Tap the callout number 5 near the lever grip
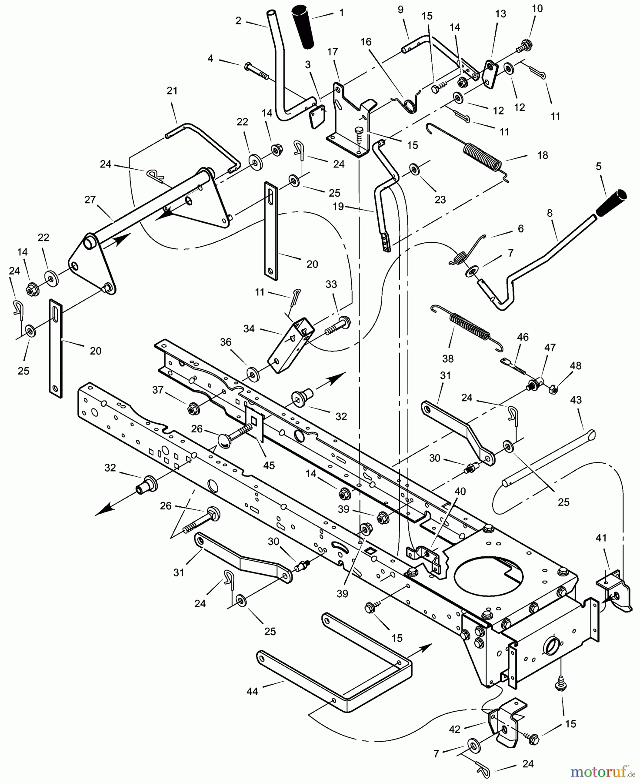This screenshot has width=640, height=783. tap(599, 166)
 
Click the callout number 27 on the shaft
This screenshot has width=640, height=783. tap(90, 201)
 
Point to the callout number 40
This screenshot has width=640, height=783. tap(460, 492)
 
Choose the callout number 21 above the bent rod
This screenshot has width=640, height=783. tap(172, 91)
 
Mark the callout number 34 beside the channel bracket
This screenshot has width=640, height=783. tap(249, 329)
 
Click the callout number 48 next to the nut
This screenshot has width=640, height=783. tap(575, 366)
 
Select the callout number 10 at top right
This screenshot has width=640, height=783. tap(537, 9)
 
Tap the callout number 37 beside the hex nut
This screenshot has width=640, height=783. tap(158, 390)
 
